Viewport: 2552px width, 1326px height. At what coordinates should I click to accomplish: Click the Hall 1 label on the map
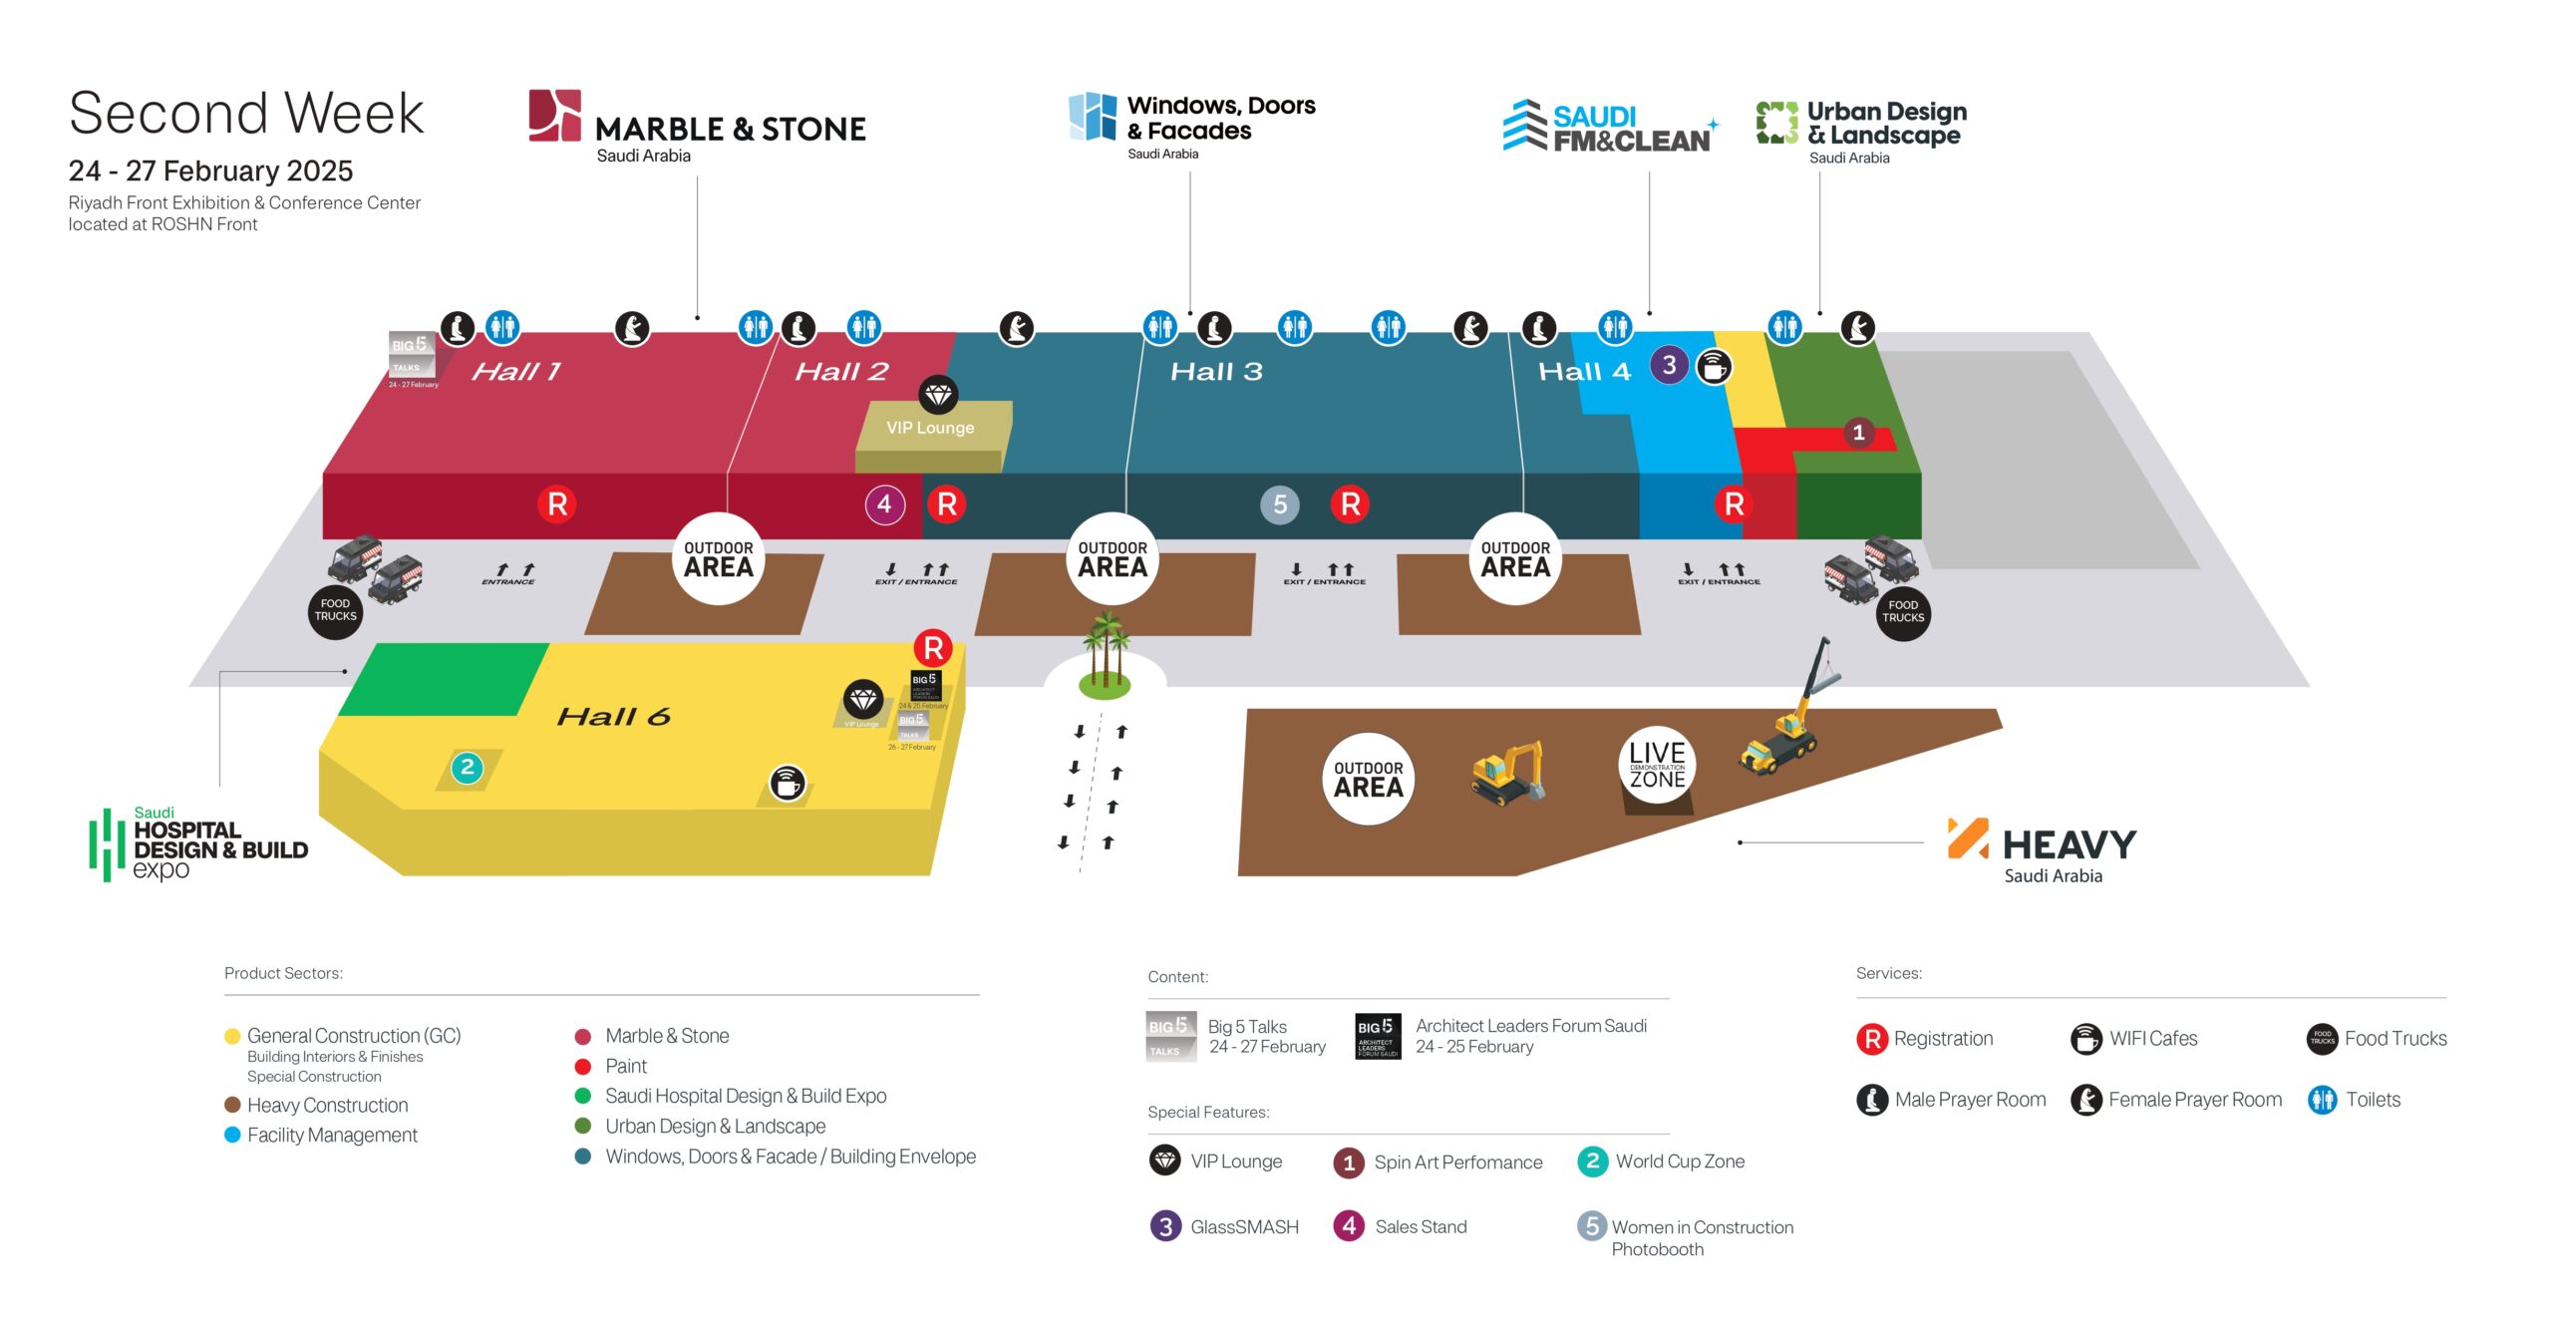[x=515, y=372]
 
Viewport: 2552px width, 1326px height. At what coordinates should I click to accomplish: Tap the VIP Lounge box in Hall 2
[x=931, y=428]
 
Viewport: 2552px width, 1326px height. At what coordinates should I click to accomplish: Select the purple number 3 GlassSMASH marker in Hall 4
[x=1669, y=365]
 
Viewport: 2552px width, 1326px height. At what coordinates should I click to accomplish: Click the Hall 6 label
[x=613, y=717]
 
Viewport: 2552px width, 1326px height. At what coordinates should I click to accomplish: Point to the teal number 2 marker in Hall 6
[x=467, y=768]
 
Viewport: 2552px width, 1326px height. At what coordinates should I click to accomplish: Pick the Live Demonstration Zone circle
[x=1657, y=765]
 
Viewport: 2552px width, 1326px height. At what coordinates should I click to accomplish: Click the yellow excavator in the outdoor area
[x=1507, y=773]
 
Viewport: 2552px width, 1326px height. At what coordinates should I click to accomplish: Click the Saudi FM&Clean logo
[x=1610, y=128]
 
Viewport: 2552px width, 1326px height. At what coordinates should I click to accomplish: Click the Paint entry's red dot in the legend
[x=583, y=1067]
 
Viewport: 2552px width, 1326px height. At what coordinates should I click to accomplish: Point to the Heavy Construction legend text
[x=327, y=1106]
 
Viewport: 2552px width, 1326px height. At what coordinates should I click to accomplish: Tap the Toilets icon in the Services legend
[x=2322, y=1100]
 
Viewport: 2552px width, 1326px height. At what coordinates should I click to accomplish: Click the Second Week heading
[x=246, y=113]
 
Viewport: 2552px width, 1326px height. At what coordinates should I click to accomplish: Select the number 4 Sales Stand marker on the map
[x=884, y=504]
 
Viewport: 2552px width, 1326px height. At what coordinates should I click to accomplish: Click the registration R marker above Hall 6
[x=933, y=649]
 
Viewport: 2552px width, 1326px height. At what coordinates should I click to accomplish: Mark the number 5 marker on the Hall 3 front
[x=1280, y=504]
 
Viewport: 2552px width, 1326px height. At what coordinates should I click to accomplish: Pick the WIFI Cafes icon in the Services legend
[x=2085, y=1039]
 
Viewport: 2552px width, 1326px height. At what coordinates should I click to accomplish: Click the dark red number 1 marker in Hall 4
[x=1858, y=433]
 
